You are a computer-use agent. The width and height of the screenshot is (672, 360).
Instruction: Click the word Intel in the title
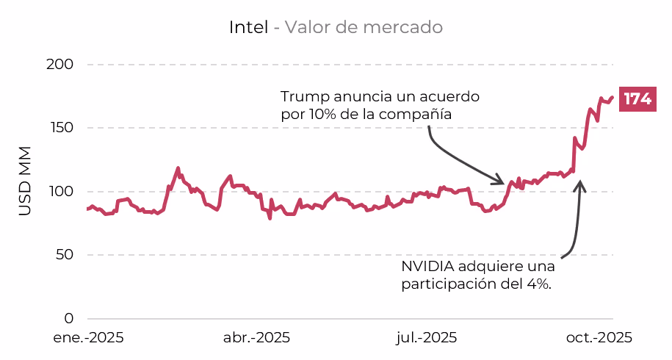pyautogui.click(x=248, y=28)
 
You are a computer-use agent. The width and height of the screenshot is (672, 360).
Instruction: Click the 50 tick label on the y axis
pyautogui.click(x=65, y=255)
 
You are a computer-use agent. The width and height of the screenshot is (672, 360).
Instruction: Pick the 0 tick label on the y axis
pyautogui.click(x=69, y=319)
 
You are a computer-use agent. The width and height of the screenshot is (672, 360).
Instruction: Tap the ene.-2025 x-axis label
pyautogui.click(x=87, y=338)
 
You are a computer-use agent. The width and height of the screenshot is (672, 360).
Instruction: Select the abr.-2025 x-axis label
pyautogui.click(x=256, y=338)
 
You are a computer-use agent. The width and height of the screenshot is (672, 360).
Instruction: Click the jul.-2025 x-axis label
pyautogui.click(x=427, y=338)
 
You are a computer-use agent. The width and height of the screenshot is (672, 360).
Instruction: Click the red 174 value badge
pyautogui.click(x=637, y=99)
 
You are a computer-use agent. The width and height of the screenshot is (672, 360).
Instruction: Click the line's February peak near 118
pyautogui.click(x=178, y=168)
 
